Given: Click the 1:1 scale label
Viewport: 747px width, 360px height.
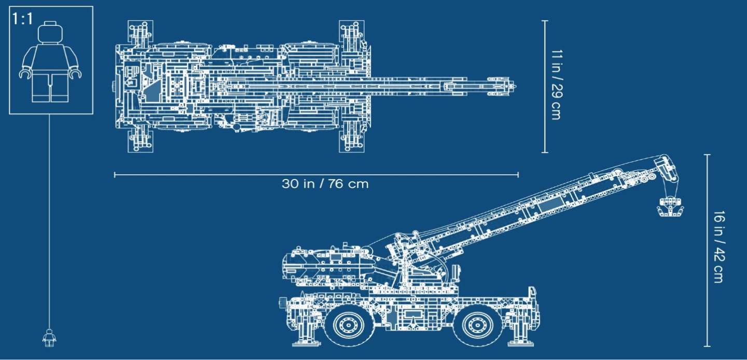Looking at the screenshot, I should pyautogui.click(x=22, y=19).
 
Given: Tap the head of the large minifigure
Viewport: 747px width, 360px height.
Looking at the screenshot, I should pyautogui.click(x=50, y=33).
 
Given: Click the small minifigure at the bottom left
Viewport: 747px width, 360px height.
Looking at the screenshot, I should pyautogui.click(x=49, y=338).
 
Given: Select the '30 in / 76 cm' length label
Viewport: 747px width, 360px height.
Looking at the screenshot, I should pyautogui.click(x=325, y=184).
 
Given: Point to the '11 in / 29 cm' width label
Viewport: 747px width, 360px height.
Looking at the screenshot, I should pyautogui.click(x=557, y=85).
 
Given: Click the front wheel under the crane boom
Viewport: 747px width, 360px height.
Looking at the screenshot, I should pyautogui.click(x=474, y=324).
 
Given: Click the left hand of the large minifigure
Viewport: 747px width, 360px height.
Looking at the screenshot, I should pyautogui.click(x=24, y=75).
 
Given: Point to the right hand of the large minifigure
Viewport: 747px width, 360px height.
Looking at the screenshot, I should pyautogui.click(x=77, y=75).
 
